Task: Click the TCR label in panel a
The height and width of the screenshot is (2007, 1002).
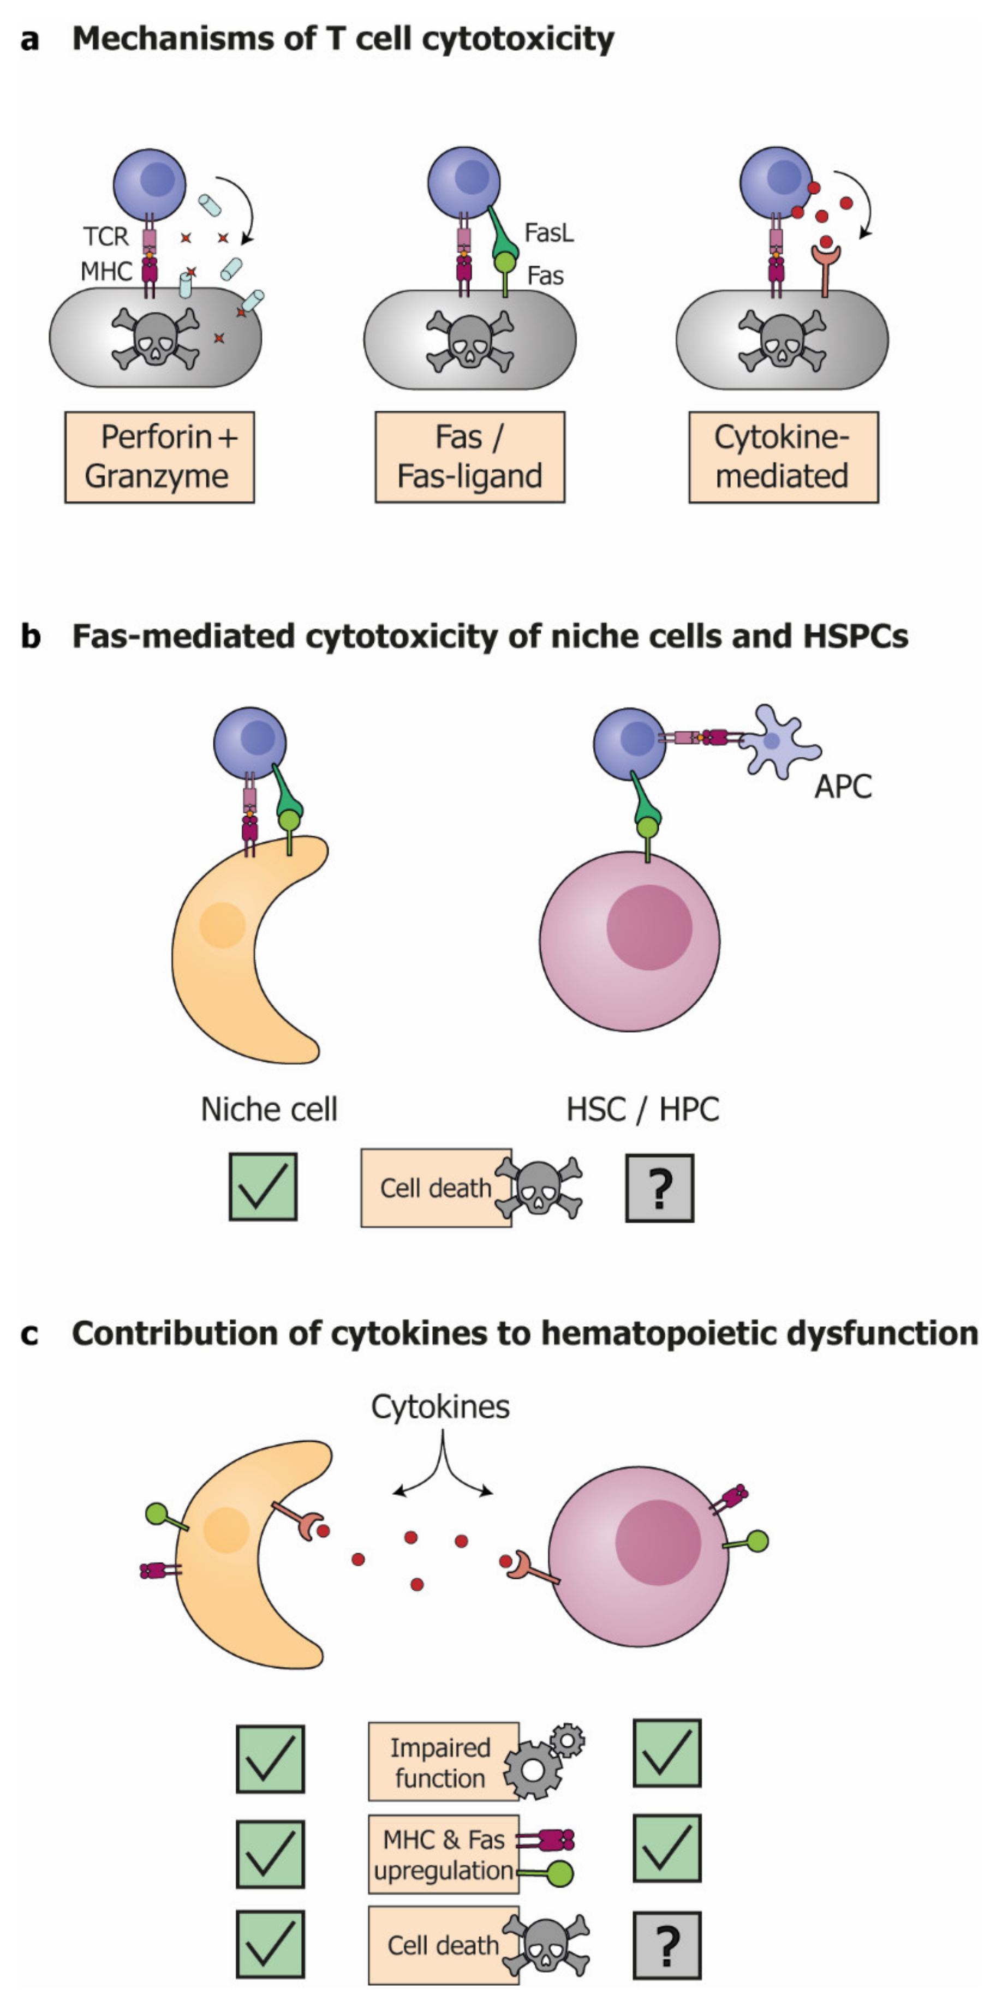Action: coord(105,236)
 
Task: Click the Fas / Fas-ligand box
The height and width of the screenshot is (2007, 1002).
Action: coord(470,457)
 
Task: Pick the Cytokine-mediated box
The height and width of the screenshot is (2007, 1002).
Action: coord(783,457)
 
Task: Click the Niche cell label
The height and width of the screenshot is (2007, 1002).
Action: coord(269,1109)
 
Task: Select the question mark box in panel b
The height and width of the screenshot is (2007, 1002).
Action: coord(659,1188)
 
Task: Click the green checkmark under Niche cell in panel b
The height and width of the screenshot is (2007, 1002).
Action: coord(263,1187)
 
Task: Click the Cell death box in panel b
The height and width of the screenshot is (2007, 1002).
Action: coord(436,1188)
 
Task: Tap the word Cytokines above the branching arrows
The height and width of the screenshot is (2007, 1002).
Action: coord(440,1407)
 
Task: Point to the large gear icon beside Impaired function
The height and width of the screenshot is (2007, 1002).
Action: coord(534,1769)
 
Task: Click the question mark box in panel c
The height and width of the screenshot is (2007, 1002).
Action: coord(667,1945)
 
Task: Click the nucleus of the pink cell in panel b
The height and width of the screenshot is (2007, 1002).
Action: coord(649,927)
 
